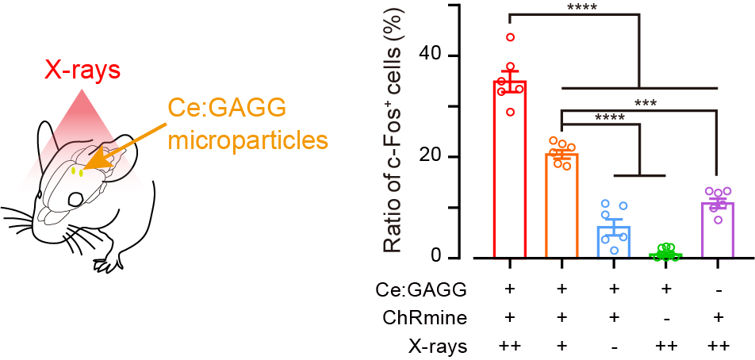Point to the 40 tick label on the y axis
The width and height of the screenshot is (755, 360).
(x=431, y=56)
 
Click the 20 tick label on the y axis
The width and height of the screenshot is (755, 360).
(x=431, y=157)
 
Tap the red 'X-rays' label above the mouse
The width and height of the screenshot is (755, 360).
(x=82, y=71)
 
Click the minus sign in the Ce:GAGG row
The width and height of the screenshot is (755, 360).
(x=718, y=291)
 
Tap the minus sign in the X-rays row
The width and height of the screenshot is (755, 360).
(x=614, y=347)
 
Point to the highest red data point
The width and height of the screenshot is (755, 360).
(x=510, y=37)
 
